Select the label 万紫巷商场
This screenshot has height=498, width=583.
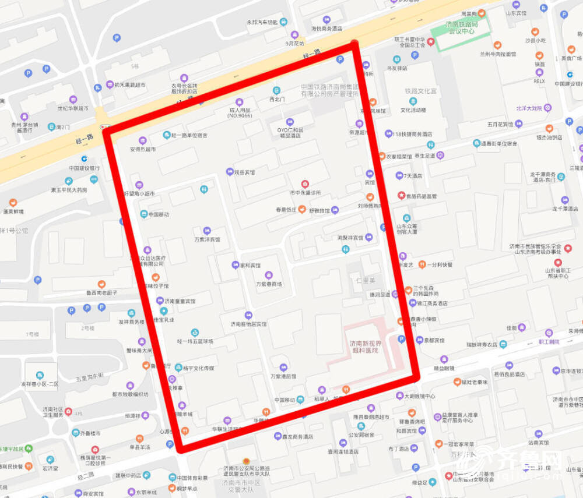click(268, 284)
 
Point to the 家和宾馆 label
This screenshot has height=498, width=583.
click(250, 266)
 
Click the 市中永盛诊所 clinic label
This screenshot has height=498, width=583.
click(305, 192)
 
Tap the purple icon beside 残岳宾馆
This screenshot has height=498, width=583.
click(230, 172)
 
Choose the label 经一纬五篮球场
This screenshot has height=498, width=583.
click(195, 341)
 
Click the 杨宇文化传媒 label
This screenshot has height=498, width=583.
click(198, 368)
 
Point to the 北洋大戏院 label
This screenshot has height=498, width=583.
click(529, 108)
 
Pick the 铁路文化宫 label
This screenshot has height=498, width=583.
click(420, 91)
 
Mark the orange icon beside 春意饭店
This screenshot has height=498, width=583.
click(301, 210)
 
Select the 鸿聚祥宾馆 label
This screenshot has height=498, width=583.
click(350, 238)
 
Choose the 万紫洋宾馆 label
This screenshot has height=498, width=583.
click(208, 239)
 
